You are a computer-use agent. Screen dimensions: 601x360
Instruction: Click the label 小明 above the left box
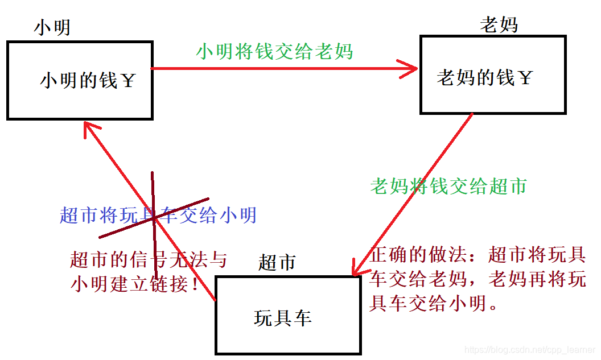pos(52,27)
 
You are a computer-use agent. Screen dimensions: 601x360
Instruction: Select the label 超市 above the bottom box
pos(277,262)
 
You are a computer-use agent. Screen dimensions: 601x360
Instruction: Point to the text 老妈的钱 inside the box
pos(475,77)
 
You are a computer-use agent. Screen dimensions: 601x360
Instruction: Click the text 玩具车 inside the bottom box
pos(283,318)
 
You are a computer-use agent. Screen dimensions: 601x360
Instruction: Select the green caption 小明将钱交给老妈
pos(274,52)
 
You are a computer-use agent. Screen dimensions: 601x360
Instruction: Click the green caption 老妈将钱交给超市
pos(448,186)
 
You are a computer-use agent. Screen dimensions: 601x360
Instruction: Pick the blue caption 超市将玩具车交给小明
pos(158,215)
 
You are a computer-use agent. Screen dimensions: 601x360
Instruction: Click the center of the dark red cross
pos(154,217)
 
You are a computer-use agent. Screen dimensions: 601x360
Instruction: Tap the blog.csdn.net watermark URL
pos(529,349)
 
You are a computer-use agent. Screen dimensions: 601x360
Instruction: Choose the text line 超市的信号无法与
pos(149,260)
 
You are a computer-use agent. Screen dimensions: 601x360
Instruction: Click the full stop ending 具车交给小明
pos(494,305)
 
